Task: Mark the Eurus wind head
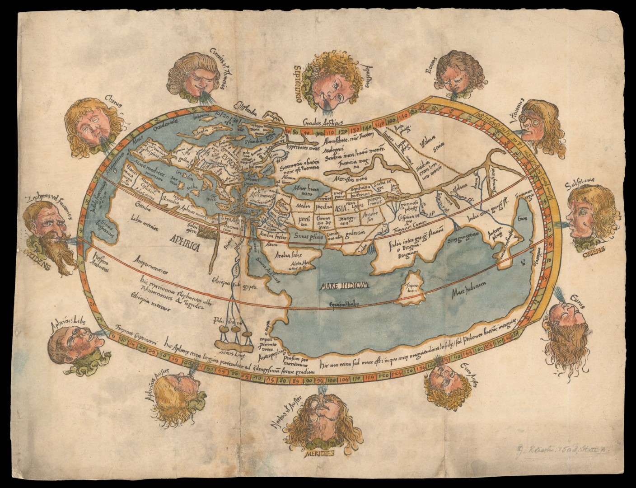[565, 325]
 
